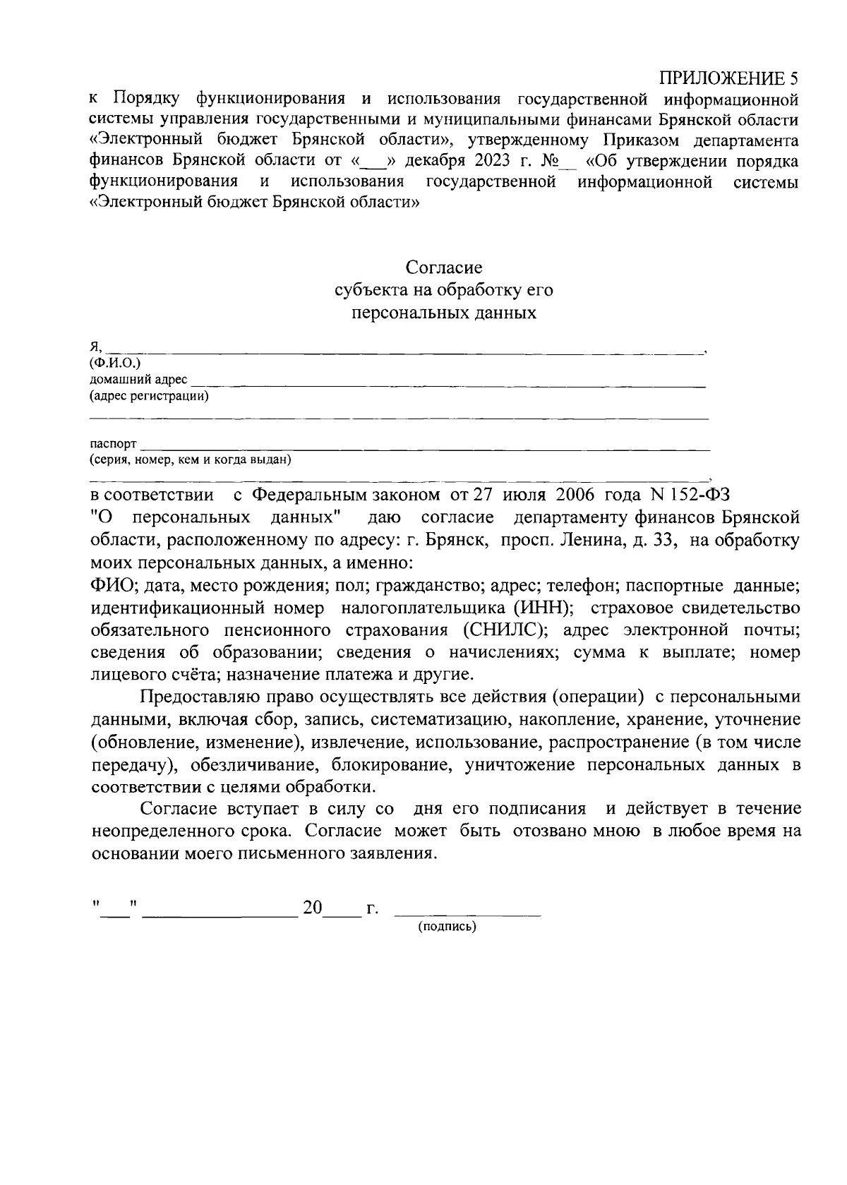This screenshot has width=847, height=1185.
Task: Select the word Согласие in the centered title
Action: pos(444,267)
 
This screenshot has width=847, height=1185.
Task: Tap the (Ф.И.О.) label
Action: pos(115,363)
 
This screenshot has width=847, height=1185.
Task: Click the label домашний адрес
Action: pos(138,380)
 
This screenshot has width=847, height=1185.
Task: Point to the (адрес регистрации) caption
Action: pos(149,396)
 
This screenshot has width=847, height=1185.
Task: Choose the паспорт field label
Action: pos(113,444)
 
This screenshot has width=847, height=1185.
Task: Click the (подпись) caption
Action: pos(447,927)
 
